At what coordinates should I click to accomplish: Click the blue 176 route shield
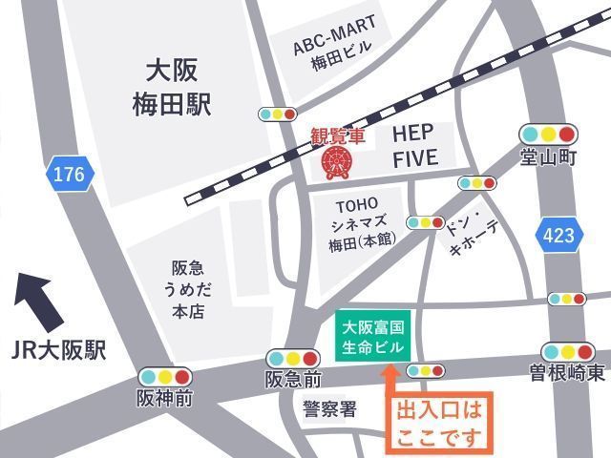pos(70,175)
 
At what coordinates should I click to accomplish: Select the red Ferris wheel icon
pos(336,161)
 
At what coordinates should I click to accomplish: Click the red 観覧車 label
pos(338,136)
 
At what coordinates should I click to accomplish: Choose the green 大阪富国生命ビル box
pos(373,336)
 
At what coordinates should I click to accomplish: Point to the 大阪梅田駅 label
pos(172,87)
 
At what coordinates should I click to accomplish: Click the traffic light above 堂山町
pos(549,134)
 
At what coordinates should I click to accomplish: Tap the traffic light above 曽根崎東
pos(567,351)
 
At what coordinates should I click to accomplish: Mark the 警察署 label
pos(329,409)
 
